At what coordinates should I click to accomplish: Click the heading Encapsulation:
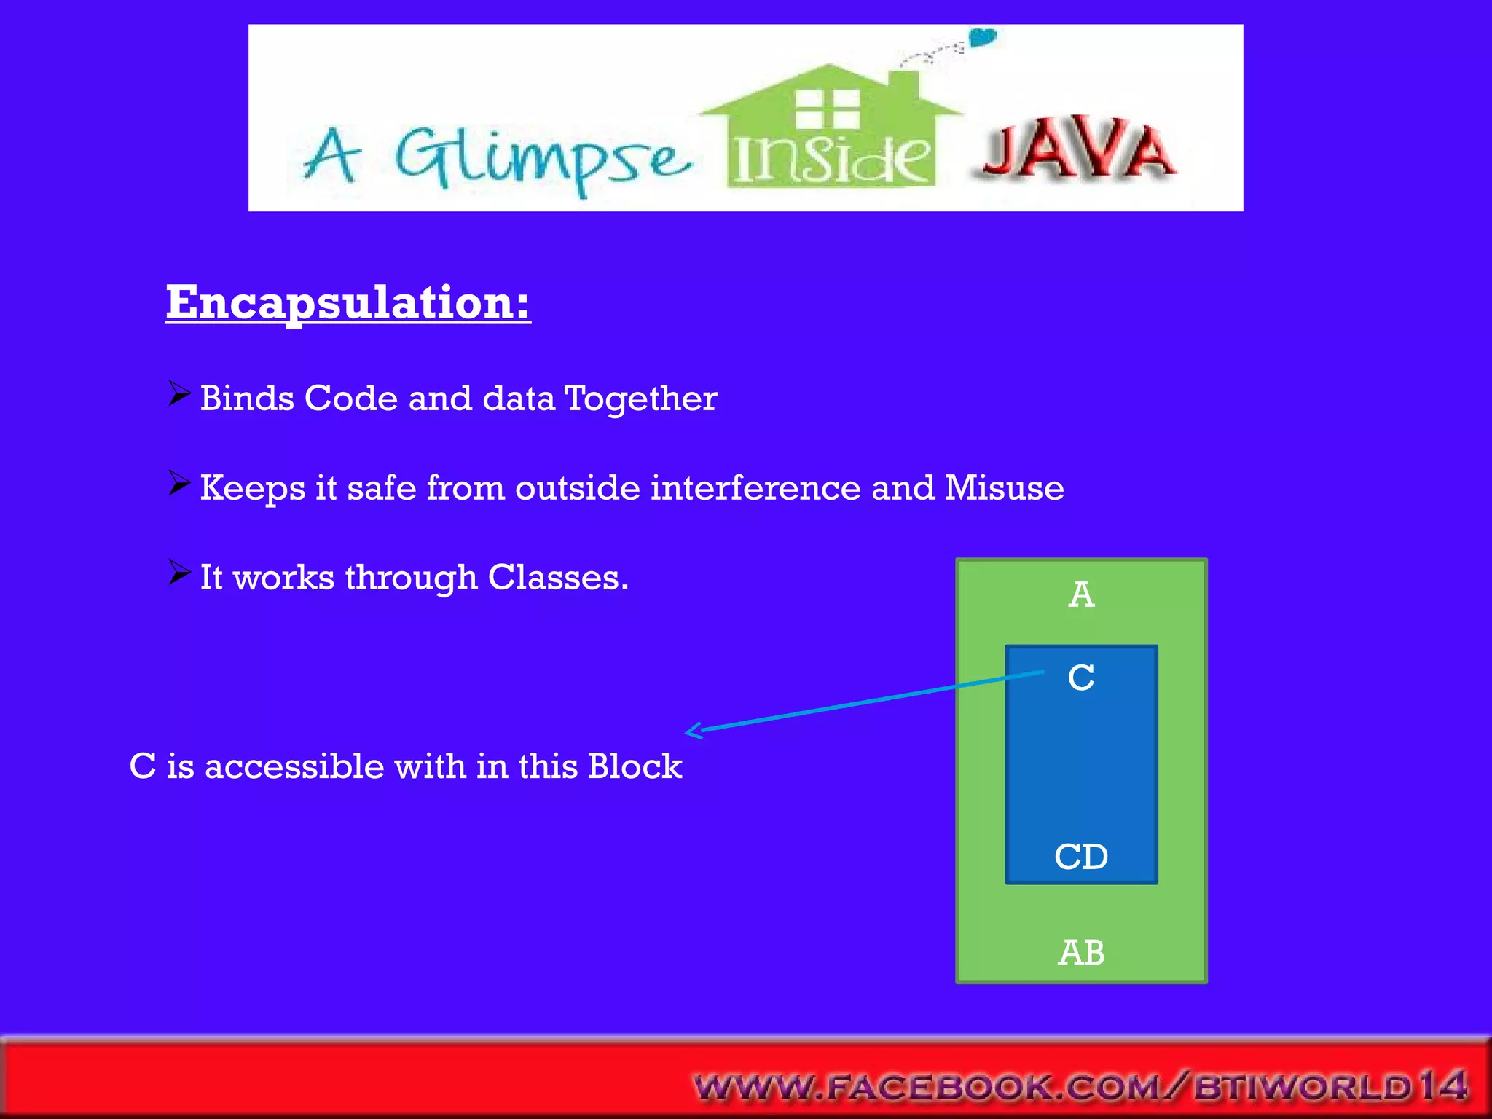pos(348,302)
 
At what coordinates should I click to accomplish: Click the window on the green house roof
pos(827,108)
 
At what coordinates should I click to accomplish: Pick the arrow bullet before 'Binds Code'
pos(178,394)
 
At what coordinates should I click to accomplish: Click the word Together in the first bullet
pos(640,398)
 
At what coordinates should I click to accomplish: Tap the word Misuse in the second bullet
pos(1003,487)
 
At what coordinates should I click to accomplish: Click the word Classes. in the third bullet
pos(557,578)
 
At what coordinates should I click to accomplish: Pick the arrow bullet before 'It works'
pos(178,573)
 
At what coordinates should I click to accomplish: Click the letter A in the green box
pos(1081,594)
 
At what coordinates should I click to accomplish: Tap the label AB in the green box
pos(1081,952)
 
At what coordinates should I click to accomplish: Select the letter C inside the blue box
pos(1081,678)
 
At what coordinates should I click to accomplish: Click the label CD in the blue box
pos(1081,857)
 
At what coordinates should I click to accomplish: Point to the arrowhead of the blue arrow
pos(692,730)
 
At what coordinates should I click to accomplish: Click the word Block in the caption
pos(635,766)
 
